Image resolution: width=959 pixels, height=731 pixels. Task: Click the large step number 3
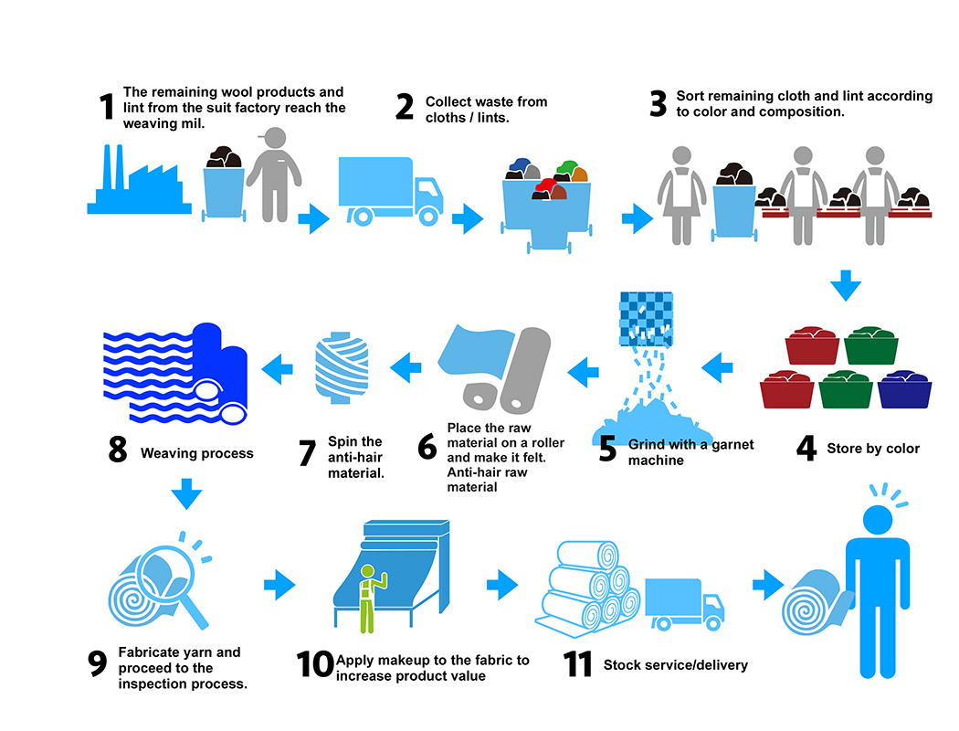pyautogui.click(x=659, y=102)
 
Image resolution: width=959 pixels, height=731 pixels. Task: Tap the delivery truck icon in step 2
pyautogui.click(x=391, y=192)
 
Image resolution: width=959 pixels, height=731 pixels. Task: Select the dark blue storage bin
pyautogui.click(x=904, y=389)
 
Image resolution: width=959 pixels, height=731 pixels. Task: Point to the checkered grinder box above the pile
pyautogui.click(x=647, y=319)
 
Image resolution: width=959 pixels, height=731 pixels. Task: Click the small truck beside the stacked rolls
pyautogui.click(x=685, y=604)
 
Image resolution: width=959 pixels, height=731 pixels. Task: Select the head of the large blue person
pyautogui.click(x=878, y=520)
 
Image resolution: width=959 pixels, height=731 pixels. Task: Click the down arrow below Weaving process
pyautogui.click(x=186, y=493)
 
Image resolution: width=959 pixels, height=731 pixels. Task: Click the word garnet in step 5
pyautogui.click(x=732, y=445)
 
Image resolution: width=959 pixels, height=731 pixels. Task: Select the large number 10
pyautogui.click(x=315, y=664)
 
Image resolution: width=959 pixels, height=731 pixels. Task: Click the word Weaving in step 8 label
pyautogui.click(x=168, y=453)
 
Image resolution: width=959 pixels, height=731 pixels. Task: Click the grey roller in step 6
pyautogui.click(x=525, y=370)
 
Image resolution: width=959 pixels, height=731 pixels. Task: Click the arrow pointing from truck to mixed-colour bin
pyautogui.click(x=468, y=218)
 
